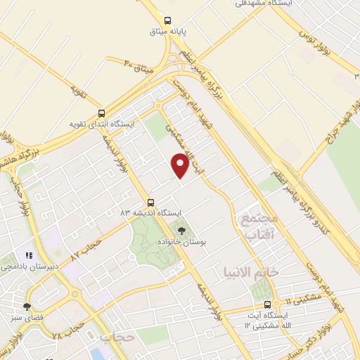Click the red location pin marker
[180, 165]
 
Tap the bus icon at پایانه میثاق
[167, 20]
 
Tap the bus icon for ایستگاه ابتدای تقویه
[103, 113]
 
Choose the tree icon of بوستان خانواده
[181, 229]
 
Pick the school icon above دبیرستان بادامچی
[29, 256]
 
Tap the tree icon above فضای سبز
[27, 306]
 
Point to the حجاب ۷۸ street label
[69, 333]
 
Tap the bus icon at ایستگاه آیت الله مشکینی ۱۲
[267, 304]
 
